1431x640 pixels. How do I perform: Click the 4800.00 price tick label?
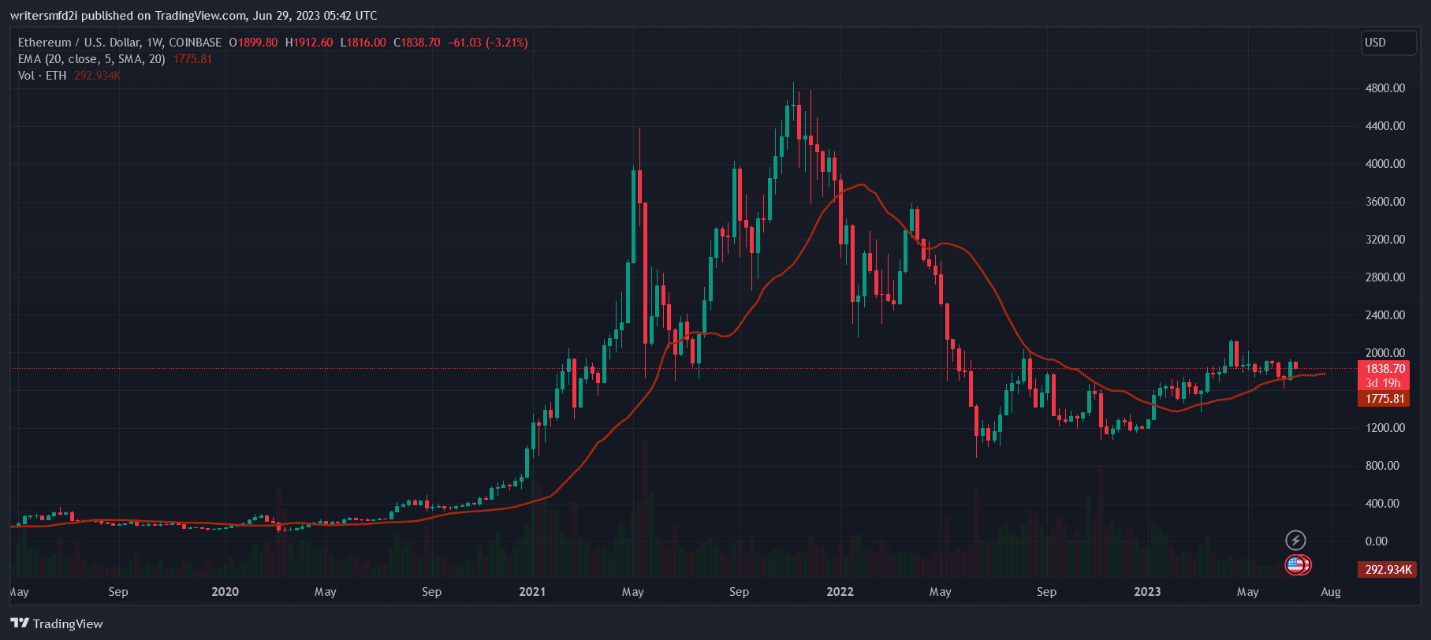click(x=1384, y=88)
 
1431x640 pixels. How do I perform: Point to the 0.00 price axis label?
click(x=1376, y=541)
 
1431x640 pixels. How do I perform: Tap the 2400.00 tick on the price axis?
click(x=1384, y=314)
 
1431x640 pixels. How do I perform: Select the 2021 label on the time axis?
click(x=532, y=592)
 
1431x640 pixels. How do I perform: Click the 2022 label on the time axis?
click(x=840, y=592)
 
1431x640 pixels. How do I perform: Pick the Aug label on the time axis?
click(x=1330, y=592)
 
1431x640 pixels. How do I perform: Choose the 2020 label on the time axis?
click(x=225, y=592)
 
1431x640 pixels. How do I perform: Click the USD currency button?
click(x=1388, y=43)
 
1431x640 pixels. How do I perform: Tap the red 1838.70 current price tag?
click(x=1384, y=369)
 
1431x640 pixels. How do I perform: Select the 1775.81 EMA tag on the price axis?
click(x=1384, y=399)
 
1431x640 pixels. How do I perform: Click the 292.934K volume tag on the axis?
click(x=1388, y=569)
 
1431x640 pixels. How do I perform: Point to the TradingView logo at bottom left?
click(x=57, y=623)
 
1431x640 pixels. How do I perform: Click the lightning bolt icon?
click(x=1295, y=540)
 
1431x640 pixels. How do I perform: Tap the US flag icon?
click(x=1295, y=564)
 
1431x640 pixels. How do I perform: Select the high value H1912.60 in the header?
click(x=308, y=43)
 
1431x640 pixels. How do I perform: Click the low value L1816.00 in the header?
click(x=363, y=43)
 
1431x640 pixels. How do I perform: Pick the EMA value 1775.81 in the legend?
click(x=192, y=59)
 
